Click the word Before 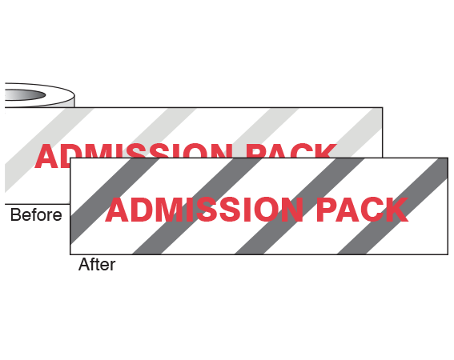(x=36, y=214)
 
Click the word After (x=97, y=264)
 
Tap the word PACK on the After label (x=363, y=210)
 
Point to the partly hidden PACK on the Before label (x=291, y=150)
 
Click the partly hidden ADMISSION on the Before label (x=133, y=155)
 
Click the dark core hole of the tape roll (x=25, y=95)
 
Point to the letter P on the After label (x=327, y=210)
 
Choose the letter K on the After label (x=397, y=210)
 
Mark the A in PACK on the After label (x=348, y=210)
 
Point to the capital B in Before (x=15, y=214)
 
